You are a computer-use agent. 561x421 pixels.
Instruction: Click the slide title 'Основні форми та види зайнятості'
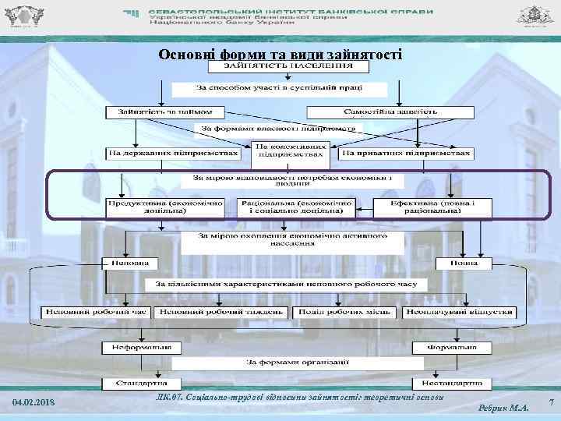[280, 55]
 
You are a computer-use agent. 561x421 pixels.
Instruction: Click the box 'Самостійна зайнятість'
[390, 112]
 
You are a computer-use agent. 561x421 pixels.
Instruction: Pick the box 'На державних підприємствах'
[173, 154]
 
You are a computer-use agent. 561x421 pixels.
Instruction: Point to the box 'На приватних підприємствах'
[406, 154]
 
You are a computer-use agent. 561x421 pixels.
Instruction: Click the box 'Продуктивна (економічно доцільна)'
[164, 207]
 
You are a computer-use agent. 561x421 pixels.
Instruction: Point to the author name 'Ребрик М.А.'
[505, 407]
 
